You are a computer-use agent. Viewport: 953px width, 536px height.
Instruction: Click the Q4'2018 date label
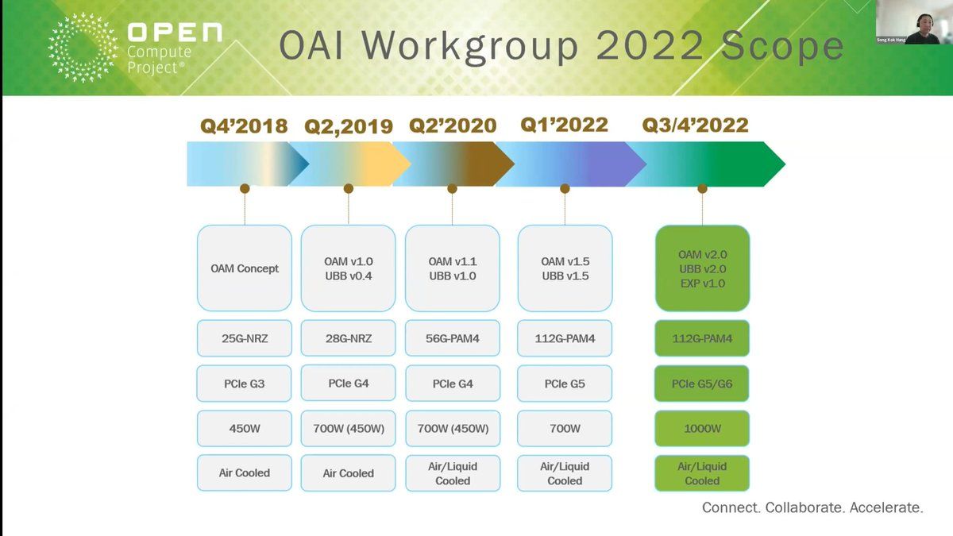click(244, 126)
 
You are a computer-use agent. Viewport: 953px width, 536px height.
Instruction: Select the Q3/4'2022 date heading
click(695, 125)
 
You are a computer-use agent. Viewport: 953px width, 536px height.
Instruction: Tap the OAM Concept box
click(245, 268)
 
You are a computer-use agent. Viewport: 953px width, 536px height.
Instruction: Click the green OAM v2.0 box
click(702, 268)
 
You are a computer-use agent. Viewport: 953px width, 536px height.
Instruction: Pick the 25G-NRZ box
click(245, 338)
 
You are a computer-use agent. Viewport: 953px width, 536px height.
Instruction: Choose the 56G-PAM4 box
click(453, 338)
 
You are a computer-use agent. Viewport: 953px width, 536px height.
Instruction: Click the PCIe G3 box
click(245, 384)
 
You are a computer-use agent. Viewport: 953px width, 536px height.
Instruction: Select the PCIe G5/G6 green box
click(702, 384)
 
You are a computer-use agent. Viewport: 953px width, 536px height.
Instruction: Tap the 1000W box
click(702, 428)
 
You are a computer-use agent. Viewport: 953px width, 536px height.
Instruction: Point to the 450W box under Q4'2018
click(245, 428)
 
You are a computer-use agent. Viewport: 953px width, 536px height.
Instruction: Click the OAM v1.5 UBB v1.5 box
click(565, 268)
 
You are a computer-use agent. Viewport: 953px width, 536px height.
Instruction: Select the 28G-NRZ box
click(349, 338)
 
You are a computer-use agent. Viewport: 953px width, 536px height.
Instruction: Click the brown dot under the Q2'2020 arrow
click(452, 188)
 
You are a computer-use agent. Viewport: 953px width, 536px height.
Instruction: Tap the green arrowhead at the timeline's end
click(774, 164)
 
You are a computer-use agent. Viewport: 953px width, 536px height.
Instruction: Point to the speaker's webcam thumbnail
click(914, 22)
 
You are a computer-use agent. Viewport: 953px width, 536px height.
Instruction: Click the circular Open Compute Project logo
click(83, 47)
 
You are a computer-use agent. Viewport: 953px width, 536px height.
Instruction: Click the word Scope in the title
click(782, 46)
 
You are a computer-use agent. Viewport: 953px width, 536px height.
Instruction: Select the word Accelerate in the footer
click(886, 507)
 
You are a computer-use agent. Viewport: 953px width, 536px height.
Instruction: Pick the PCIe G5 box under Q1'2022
click(565, 384)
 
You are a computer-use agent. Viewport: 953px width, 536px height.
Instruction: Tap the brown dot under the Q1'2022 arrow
click(565, 188)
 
